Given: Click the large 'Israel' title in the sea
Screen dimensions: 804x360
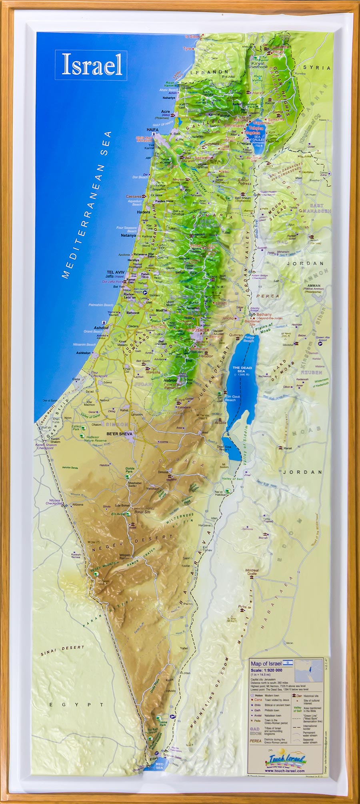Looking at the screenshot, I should tap(92, 65).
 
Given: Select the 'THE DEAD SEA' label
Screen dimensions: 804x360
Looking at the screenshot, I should tap(242, 369).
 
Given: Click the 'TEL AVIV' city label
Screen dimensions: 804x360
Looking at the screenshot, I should tap(116, 272).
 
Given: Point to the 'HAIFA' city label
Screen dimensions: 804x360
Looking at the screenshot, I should tap(152, 130).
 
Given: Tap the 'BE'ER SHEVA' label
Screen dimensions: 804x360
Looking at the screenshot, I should tap(119, 434).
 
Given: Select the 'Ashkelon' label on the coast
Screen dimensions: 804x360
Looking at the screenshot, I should tap(83, 353).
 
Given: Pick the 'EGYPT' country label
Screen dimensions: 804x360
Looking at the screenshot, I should tap(76, 704).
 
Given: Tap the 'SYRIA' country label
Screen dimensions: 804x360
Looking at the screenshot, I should tap(317, 68).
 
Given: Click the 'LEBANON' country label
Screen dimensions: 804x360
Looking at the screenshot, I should tap(209, 72).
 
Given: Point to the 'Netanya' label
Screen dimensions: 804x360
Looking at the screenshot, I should tap(128, 236).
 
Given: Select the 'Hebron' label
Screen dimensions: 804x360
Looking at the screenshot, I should tap(170, 380).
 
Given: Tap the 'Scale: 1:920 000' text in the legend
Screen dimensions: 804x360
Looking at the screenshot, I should tap(266, 670).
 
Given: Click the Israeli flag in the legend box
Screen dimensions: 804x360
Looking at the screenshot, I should tap(288, 663).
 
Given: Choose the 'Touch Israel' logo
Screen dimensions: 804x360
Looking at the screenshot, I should tap(286, 758).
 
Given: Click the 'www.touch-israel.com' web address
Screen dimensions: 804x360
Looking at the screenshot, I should tap(285, 771).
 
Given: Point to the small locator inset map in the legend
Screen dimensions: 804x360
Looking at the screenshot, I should tap(308, 671).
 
